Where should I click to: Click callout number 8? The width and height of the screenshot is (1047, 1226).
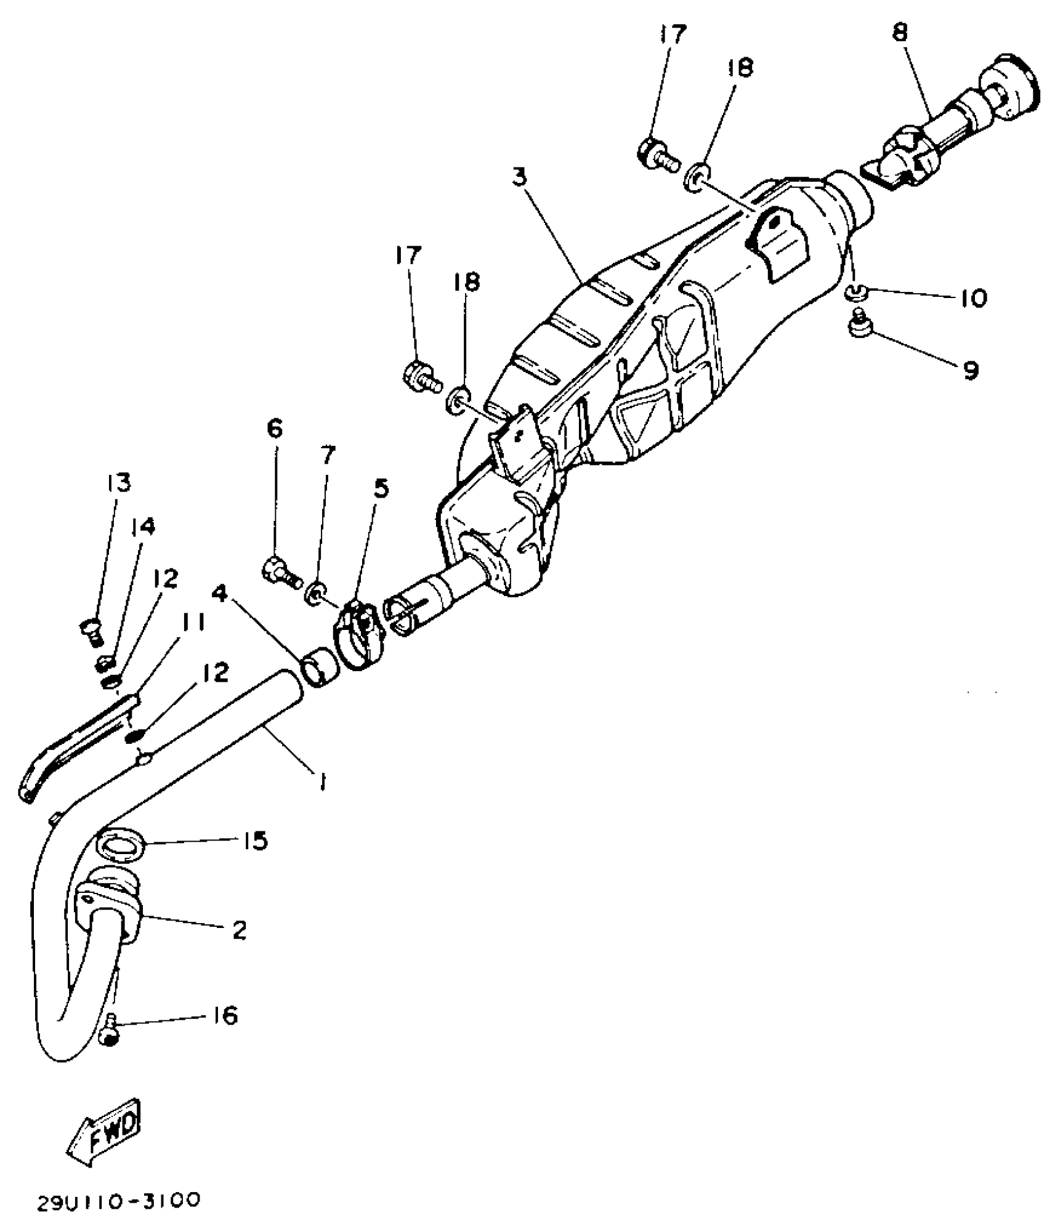(900, 32)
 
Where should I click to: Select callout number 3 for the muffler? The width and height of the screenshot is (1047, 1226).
(520, 177)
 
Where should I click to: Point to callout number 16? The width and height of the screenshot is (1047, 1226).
(225, 1015)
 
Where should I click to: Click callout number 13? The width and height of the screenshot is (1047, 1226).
(119, 483)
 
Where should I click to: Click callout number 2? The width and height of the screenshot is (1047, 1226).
(239, 930)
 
